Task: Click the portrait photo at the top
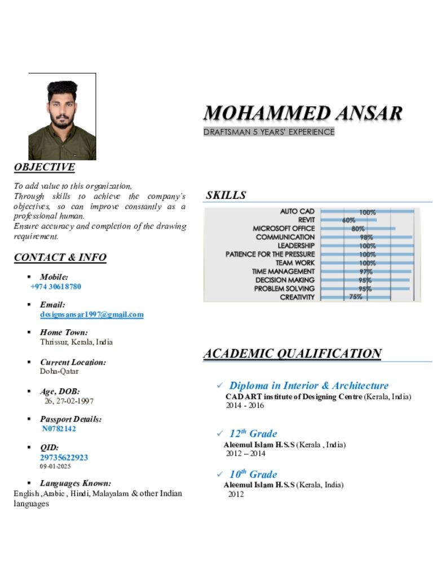coord(62,117)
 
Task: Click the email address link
coord(91,314)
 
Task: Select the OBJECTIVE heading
coord(44,167)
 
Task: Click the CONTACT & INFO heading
coord(60,258)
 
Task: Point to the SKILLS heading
coord(226,196)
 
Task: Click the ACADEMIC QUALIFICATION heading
coord(292,354)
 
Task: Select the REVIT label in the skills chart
coord(306,220)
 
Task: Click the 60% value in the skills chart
coord(348,220)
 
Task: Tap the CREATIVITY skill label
coord(297,297)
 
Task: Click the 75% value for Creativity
coord(355,297)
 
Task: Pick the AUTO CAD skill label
coord(297,212)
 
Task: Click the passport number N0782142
coord(59,429)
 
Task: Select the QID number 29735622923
coord(64,458)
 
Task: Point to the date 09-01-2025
coord(55,467)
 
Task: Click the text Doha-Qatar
coord(59,371)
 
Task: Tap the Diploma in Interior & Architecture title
coord(308,386)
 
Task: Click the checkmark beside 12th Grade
coord(220,434)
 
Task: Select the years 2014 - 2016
coord(245,406)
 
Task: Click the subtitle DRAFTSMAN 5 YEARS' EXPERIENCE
coord(269,132)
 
